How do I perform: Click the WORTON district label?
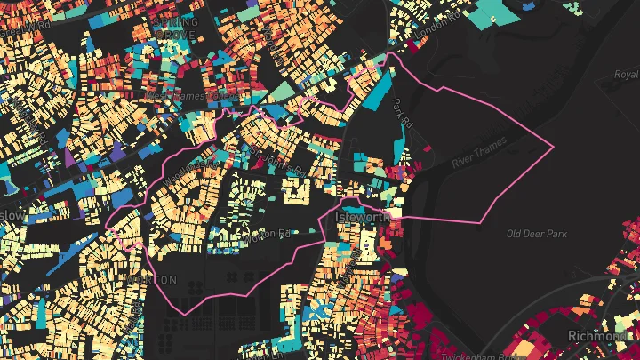pyautogui.click(x=152, y=279)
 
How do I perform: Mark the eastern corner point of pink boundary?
pyautogui.click(x=553, y=146)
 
